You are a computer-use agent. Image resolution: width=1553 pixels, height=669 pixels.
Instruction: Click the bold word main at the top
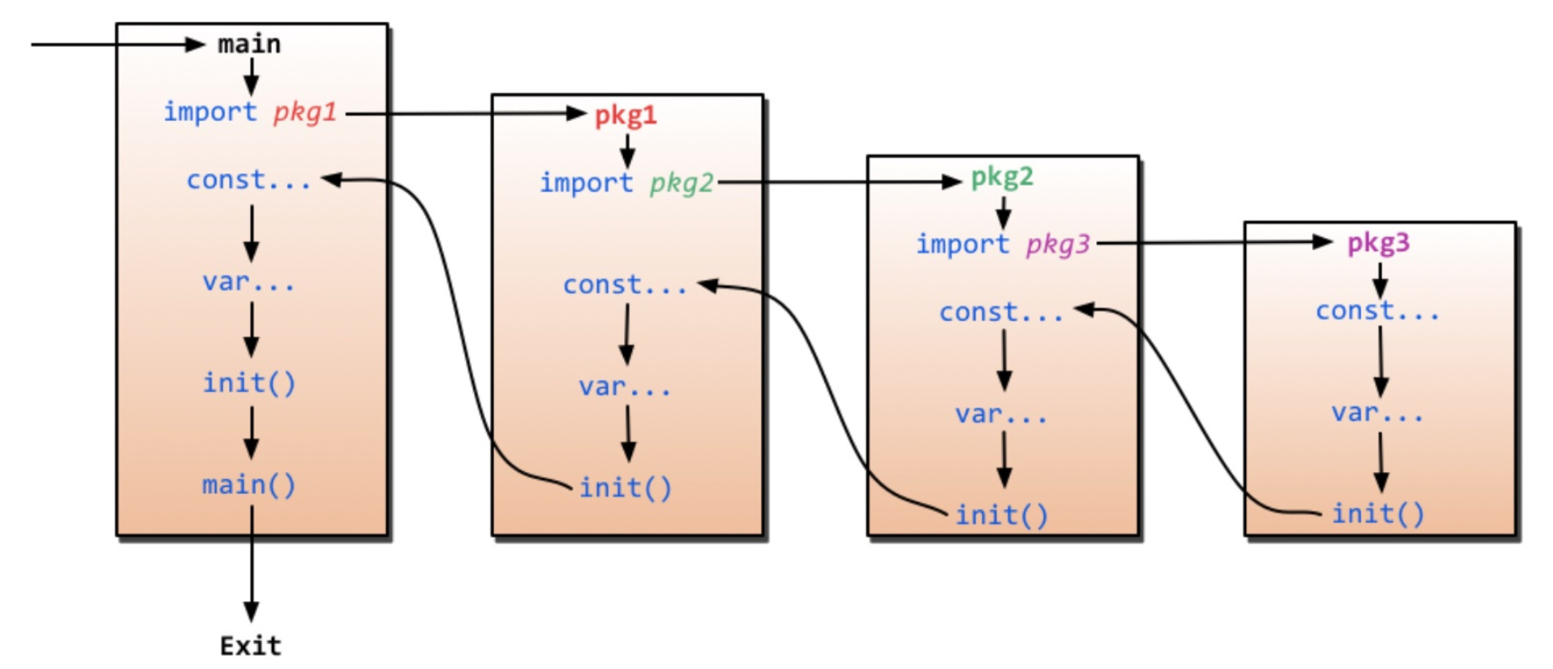click(249, 44)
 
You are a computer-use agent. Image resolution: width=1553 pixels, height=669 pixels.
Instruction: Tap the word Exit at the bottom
click(251, 645)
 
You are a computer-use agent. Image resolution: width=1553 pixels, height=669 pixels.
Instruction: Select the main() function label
click(249, 484)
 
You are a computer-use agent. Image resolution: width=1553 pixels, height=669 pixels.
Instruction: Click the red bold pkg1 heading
click(626, 115)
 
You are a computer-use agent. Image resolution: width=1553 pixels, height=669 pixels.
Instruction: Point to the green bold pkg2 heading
click(1002, 178)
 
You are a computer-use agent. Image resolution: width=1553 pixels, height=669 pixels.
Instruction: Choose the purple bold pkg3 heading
click(1378, 243)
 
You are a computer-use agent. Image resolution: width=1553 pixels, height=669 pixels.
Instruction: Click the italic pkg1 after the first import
click(305, 112)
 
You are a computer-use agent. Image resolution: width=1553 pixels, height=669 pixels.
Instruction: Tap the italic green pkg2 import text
click(682, 183)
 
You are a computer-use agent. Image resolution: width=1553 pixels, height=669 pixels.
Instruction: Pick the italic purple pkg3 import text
click(1058, 245)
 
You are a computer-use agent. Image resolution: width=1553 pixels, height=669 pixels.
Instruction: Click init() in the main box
click(249, 382)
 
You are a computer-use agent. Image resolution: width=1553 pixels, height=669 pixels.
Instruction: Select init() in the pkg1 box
click(626, 488)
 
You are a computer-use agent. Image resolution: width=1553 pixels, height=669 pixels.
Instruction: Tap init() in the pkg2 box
click(1002, 516)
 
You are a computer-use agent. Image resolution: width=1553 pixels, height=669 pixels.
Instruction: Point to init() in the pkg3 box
click(1378, 514)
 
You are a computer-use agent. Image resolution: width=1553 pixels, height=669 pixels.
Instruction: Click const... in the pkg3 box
click(1378, 311)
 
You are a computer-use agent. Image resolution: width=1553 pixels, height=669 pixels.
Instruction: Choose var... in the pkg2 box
click(1001, 414)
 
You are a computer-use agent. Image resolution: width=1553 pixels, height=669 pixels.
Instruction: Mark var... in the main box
click(249, 281)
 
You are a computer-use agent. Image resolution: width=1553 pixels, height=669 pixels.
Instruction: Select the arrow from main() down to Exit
click(252, 566)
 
